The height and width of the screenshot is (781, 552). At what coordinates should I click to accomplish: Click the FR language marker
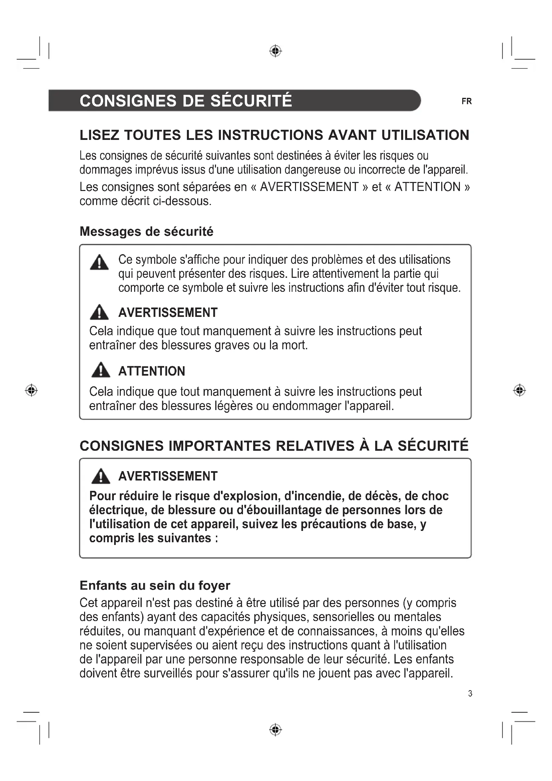pyautogui.click(x=466, y=102)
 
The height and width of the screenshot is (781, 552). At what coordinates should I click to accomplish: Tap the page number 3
pyautogui.click(x=470, y=693)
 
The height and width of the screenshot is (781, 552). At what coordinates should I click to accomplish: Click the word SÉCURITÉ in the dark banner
pyautogui.click(x=251, y=101)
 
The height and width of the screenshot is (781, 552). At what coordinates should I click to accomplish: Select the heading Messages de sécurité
pyautogui.click(x=146, y=231)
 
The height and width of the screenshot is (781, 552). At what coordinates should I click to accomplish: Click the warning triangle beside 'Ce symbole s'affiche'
pyautogui.click(x=99, y=262)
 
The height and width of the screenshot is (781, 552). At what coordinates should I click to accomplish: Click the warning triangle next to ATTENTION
pyautogui.click(x=100, y=370)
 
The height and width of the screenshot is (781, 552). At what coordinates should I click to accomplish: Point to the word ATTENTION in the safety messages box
pyautogui.click(x=152, y=371)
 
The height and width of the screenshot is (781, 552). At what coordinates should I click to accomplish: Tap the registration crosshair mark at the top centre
pyautogui.click(x=275, y=51)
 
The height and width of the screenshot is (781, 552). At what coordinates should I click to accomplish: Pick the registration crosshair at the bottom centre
pyautogui.click(x=275, y=730)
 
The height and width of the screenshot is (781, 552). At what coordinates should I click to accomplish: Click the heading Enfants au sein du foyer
pyautogui.click(x=155, y=585)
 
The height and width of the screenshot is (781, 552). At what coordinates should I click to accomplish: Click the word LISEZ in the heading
pyautogui.click(x=99, y=135)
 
